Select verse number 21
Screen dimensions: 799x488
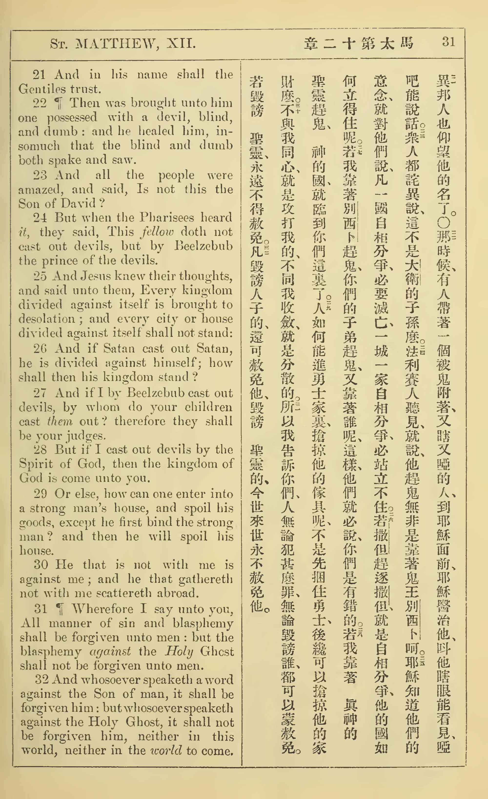coord(39,75)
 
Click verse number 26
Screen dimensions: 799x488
coord(40,349)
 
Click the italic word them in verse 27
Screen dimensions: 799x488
coord(60,421)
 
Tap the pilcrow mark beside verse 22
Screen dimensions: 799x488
coord(59,103)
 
